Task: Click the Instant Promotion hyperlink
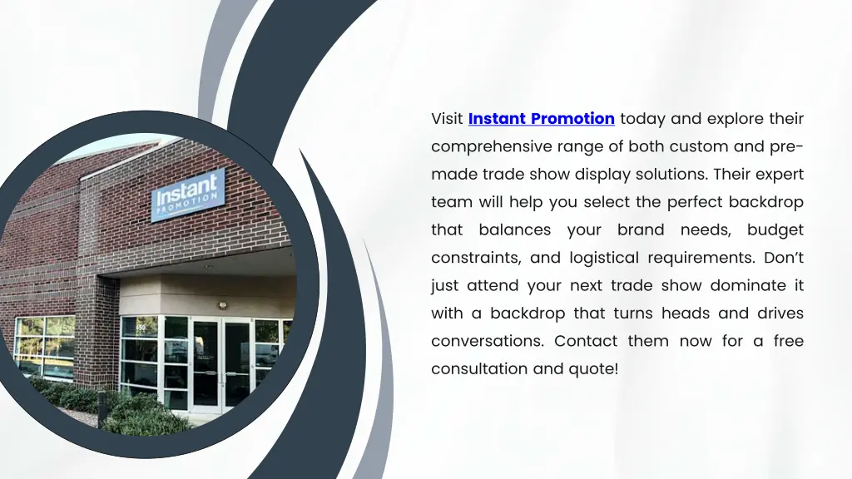[541, 119]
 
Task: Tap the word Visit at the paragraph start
[447, 119]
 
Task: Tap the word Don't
[784, 258]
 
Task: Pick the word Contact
[586, 341]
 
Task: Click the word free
[788, 341]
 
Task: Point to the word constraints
[471, 258]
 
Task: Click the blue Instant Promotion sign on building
[188, 195]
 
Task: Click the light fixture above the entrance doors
[223, 305]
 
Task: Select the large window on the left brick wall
[45, 346]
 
